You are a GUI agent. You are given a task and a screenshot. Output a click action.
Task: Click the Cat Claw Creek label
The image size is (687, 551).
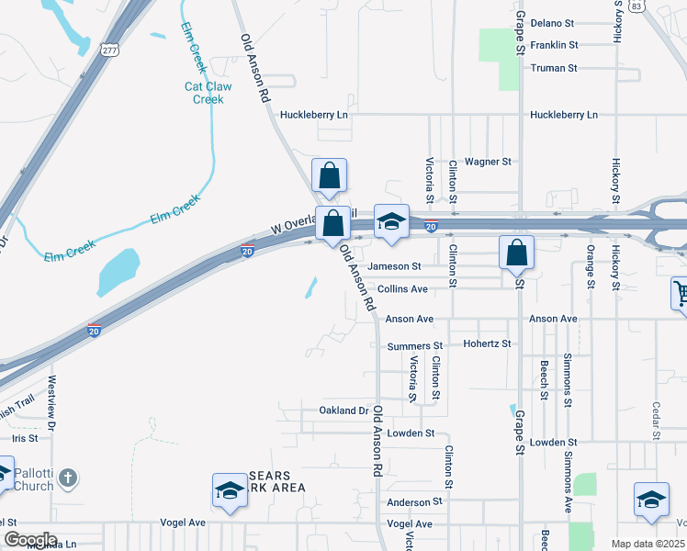point(208,93)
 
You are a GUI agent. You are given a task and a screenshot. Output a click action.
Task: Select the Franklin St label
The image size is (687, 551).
point(554,44)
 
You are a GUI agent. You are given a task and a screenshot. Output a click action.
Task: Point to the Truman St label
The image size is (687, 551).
point(553,68)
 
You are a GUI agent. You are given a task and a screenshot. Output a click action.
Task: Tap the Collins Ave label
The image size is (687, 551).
point(402,289)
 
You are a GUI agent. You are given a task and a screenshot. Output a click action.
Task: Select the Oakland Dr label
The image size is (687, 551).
point(343,410)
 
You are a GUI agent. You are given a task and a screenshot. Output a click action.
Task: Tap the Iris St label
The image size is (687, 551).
point(24,439)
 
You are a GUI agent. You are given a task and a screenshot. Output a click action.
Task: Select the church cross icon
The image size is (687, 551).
point(69,478)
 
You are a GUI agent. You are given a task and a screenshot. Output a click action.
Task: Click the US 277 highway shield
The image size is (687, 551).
point(110,50)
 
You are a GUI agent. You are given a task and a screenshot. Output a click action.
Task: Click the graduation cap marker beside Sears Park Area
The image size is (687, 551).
point(230,489)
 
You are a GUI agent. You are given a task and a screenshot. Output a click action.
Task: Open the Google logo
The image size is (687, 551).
point(29,540)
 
